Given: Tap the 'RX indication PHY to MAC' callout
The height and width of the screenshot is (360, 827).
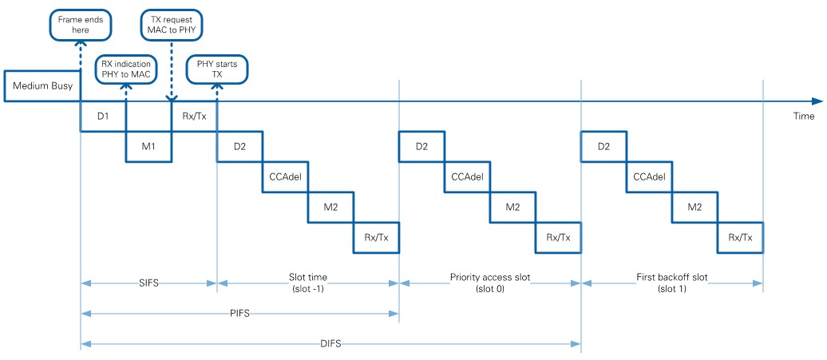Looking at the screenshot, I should pyautogui.click(x=126, y=69).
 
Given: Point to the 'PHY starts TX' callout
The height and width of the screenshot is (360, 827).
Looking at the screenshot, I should pyautogui.click(x=216, y=69).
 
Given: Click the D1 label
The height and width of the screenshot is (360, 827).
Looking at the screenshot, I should pyautogui.click(x=103, y=117).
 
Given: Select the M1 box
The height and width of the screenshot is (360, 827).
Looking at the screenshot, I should pyautogui.click(x=148, y=147).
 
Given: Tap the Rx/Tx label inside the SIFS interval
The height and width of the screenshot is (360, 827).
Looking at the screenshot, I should pyautogui.click(x=194, y=117).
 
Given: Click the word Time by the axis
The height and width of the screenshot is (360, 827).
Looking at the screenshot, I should pyautogui.click(x=803, y=117).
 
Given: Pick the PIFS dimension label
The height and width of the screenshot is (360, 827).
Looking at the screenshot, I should pyautogui.click(x=239, y=313).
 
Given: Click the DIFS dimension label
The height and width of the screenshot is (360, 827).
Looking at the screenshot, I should pyautogui.click(x=330, y=344).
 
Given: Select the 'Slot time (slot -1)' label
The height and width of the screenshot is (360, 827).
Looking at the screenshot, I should pyautogui.click(x=307, y=283).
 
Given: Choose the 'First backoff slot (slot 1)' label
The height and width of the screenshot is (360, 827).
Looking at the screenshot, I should pyautogui.click(x=671, y=283).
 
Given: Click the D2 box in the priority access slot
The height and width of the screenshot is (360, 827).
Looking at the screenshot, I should pyautogui.click(x=421, y=147).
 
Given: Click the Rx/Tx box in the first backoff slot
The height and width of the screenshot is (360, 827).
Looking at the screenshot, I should pyautogui.click(x=740, y=237).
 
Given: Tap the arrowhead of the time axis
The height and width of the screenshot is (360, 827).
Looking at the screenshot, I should pyautogui.click(x=817, y=101).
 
